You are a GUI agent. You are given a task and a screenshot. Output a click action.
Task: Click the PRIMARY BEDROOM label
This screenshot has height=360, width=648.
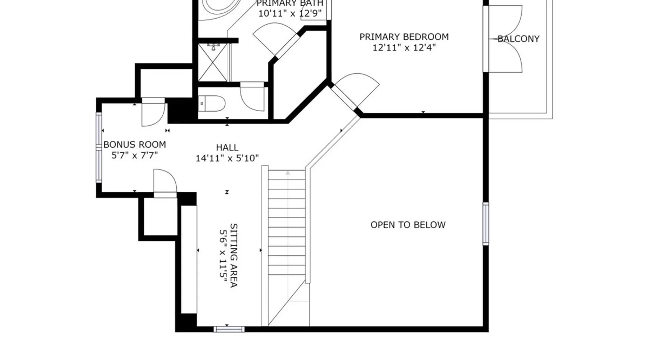[x=404, y=37]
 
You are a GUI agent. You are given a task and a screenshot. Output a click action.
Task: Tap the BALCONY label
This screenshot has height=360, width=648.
[x=518, y=39]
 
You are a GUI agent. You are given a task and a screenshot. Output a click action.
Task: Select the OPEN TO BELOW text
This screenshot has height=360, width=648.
[x=408, y=225]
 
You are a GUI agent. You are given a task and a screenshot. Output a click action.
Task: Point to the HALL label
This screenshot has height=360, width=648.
[x=227, y=148]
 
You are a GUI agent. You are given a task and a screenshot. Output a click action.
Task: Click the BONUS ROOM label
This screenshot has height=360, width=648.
[x=135, y=145]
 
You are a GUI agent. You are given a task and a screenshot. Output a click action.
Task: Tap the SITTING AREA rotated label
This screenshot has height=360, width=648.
[x=234, y=256]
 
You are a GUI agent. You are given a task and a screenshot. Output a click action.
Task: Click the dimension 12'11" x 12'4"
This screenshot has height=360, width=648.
[x=404, y=48]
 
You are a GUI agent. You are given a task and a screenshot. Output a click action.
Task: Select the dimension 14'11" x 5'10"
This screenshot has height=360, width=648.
[x=227, y=158]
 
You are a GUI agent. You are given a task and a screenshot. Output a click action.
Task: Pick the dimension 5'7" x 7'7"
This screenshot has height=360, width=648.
[x=135, y=156]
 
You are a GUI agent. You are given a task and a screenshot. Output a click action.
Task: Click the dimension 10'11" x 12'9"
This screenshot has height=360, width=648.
[x=290, y=14]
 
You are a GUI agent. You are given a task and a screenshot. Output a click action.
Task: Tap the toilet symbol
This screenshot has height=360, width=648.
[x=212, y=104]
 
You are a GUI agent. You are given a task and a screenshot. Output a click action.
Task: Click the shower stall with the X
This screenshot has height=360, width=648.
[x=213, y=62]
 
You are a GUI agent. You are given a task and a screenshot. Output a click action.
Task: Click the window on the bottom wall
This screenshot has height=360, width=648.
[x=229, y=329]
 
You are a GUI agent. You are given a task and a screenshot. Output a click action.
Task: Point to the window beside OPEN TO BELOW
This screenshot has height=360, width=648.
[x=486, y=224]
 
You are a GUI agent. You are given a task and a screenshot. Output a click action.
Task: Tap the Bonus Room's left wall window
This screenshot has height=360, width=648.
[x=99, y=147]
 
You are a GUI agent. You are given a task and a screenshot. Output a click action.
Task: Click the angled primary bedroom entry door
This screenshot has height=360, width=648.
[x=355, y=92]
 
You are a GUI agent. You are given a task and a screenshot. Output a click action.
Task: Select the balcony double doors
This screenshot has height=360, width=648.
[x=504, y=39]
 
